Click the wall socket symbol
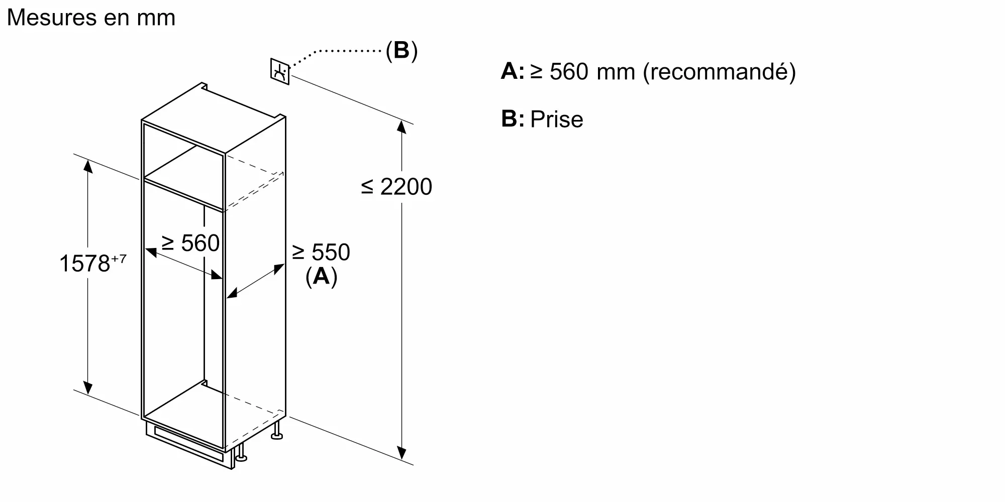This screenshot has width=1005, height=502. pyautogui.click(x=280, y=71)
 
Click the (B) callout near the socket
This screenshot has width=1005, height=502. pyautogui.click(x=401, y=51)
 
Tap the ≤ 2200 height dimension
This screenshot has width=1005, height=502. pyautogui.click(x=396, y=187)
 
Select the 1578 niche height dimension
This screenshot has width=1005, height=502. pyautogui.click(x=84, y=264)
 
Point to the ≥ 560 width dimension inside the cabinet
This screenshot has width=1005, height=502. pyautogui.click(x=190, y=243)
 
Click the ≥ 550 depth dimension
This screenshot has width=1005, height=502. pyautogui.click(x=321, y=252)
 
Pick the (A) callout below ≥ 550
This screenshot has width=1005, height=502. pyautogui.click(x=321, y=276)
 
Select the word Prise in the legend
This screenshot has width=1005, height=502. pyautogui.click(x=557, y=119)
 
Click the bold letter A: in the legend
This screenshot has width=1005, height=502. pyautogui.click(x=512, y=71)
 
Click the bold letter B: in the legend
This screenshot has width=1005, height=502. pyautogui.click(x=512, y=119)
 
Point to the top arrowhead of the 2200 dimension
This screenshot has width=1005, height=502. pyautogui.click(x=401, y=126)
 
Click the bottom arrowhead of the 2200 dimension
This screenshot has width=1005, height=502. pyautogui.click(x=401, y=454)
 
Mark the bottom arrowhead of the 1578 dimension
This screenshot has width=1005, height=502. pyautogui.click(x=88, y=388)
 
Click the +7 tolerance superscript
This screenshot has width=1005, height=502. pyautogui.click(x=119, y=259)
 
